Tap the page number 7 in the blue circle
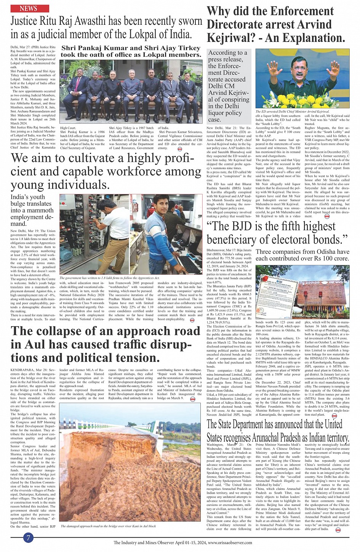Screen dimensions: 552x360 [29, 538]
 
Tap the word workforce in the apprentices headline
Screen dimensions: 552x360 [143, 171]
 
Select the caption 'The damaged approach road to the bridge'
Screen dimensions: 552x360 [108, 526]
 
